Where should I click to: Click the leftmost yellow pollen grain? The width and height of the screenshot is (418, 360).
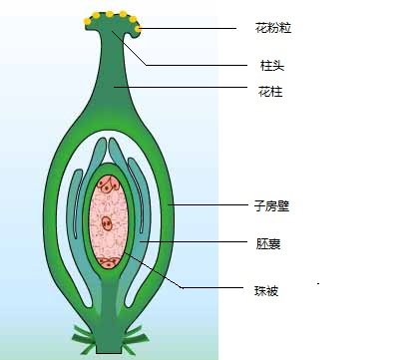[x=88, y=20]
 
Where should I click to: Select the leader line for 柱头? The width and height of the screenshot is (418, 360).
[x=190, y=65]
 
